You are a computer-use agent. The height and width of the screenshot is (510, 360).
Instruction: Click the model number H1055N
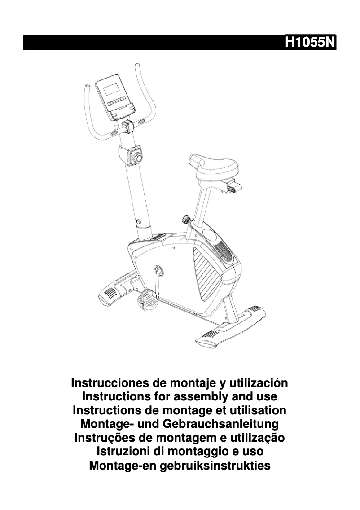click(x=310, y=42)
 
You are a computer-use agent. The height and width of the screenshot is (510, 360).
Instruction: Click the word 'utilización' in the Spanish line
click(x=258, y=384)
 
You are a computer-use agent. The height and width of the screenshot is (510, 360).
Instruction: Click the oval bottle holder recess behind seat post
click(x=209, y=234)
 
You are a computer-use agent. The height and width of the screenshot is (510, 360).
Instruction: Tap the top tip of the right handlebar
click(x=137, y=67)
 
